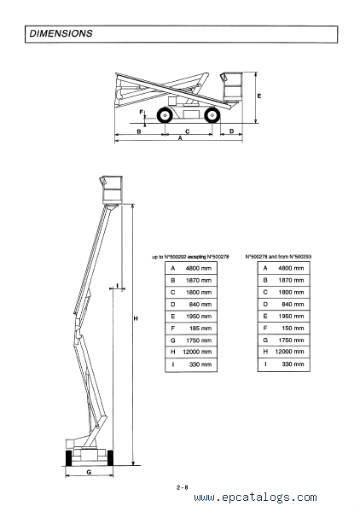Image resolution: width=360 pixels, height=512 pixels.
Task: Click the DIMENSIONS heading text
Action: click(61, 33)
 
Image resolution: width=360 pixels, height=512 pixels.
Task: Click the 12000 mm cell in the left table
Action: click(197, 352)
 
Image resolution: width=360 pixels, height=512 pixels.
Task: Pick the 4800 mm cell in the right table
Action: click(291, 268)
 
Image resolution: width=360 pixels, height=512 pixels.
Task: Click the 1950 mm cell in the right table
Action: click(291, 316)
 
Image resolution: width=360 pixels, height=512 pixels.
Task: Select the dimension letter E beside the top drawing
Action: click(259, 96)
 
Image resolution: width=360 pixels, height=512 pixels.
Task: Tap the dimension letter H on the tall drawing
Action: click(136, 318)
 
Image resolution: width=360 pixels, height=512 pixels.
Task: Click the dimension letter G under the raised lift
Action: click(89, 472)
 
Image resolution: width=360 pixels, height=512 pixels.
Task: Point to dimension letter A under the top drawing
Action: click(180, 138)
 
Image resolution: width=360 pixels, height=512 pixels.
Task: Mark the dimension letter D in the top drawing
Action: click(231, 131)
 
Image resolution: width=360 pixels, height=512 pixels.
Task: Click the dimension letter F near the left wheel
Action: click(141, 113)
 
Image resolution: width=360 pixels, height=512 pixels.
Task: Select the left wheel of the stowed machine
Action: click(165, 115)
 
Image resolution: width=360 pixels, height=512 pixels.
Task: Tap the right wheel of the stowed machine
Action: click(212, 115)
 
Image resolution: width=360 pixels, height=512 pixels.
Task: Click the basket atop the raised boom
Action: click(112, 189)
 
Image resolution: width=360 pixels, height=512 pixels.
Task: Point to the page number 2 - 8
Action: click(182, 487)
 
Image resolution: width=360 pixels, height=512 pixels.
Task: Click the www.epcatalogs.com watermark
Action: click(255, 497)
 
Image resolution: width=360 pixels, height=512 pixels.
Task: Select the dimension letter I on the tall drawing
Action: click(117, 286)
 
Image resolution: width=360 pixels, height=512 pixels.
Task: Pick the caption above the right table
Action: click(278, 257)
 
